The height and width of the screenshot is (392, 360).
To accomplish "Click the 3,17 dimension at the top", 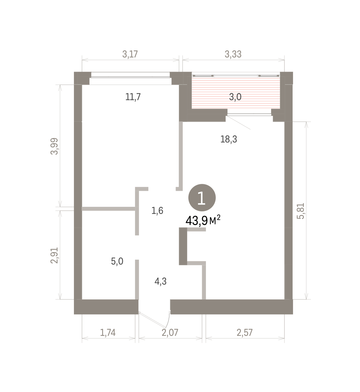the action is (130, 54).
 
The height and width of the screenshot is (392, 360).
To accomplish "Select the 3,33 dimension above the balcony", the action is (233, 54).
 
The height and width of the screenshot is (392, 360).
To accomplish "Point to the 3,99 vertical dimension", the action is (54, 146).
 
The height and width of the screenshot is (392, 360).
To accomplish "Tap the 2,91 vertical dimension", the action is (54, 255).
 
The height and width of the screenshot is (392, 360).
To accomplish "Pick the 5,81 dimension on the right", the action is (300, 211).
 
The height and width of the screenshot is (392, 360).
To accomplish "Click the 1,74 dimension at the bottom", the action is (108, 333).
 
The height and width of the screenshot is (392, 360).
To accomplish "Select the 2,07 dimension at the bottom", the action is (170, 333).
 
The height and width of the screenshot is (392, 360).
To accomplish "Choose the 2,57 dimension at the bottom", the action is (245, 333).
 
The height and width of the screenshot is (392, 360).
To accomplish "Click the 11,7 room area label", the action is (133, 97).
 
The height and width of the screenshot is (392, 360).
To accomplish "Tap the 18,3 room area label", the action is (229, 139).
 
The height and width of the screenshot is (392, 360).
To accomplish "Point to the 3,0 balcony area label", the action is (235, 97).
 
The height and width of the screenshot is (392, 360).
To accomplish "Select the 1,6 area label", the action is (157, 211).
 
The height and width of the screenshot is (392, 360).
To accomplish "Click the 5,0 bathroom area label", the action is (117, 261).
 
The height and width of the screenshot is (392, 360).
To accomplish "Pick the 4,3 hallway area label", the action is (161, 282).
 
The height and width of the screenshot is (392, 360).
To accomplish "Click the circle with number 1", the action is (202, 198).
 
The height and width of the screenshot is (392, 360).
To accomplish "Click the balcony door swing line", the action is (238, 122).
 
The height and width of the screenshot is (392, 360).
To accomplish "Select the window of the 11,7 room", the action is (130, 75).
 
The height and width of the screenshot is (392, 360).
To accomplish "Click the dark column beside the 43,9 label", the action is (183, 246).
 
